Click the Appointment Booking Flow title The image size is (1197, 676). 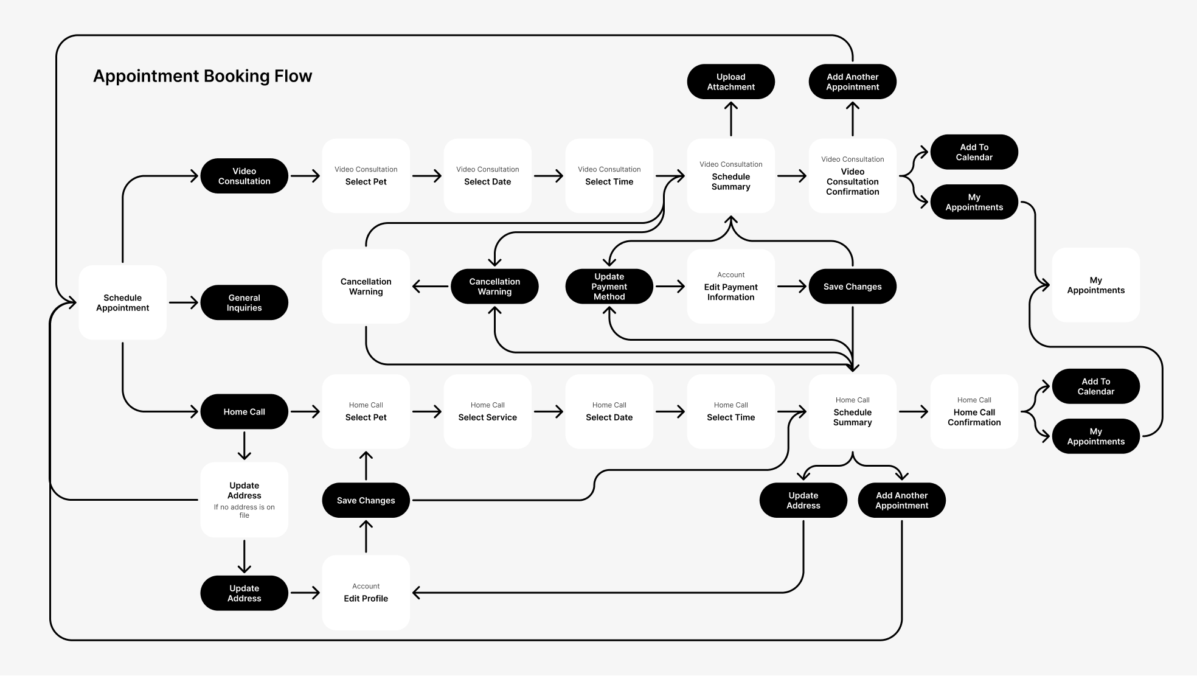202,76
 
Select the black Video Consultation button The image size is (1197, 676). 244,176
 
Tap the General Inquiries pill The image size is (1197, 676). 244,302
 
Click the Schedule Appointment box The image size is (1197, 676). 122,302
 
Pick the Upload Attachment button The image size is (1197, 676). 730,82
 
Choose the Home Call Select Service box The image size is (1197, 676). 487,412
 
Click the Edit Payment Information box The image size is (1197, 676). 730,287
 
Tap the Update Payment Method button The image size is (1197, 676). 609,287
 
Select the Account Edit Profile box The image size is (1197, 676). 366,593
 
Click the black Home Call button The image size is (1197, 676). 244,412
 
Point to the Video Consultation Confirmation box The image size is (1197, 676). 852,176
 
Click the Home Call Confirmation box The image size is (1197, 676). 974,412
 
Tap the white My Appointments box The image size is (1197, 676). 1095,285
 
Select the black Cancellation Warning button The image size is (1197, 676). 494,287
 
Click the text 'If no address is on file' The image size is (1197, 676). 244,511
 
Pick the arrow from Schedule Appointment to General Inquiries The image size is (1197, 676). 183,302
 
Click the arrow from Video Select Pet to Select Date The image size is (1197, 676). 426,176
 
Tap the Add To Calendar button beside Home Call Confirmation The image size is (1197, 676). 1095,386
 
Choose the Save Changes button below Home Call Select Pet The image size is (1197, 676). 366,500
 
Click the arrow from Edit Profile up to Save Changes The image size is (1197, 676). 366,536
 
